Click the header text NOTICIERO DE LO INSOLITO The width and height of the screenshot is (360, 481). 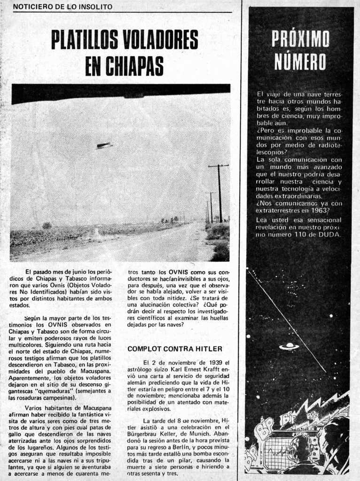click(x=63, y=7)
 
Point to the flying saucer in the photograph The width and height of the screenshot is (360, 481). click(x=104, y=146)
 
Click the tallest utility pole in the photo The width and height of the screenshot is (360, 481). click(x=219, y=193)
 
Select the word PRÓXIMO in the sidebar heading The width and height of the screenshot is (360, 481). click(x=300, y=39)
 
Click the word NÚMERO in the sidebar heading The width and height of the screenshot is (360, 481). click(x=300, y=62)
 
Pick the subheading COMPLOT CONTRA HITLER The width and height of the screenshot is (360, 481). click(x=175, y=349)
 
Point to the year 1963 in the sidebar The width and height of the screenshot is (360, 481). click(x=319, y=211)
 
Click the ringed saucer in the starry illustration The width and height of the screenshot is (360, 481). click(x=289, y=346)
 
